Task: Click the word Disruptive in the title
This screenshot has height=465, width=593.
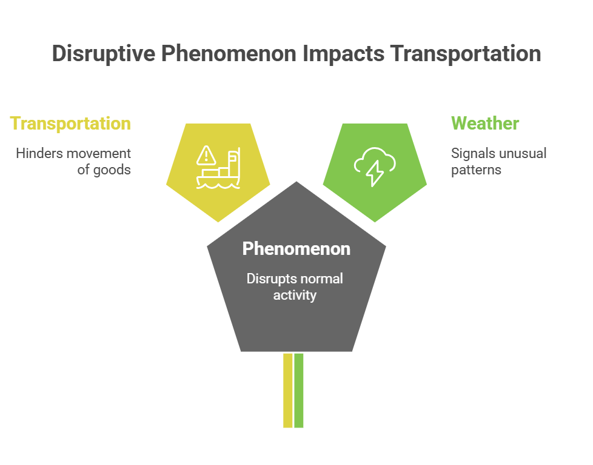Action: (x=104, y=54)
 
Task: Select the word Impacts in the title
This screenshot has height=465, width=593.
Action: (x=343, y=53)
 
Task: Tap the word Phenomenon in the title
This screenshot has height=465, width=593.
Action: (x=229, y=53)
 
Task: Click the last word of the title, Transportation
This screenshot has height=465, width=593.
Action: (x=466, y=53)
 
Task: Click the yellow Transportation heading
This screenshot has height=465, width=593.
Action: (x=70, y=124)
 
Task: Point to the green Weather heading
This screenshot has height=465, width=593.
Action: (x=485, y=123)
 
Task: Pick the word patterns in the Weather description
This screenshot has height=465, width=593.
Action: (x=476, y=170)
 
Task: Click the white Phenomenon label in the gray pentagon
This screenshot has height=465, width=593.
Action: (x=296, y=249)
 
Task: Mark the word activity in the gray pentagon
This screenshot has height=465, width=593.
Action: (x=295, y=295)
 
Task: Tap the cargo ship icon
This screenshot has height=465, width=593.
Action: (x=218, y=168)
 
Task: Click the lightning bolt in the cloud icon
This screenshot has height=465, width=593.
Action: (x=374, y=173)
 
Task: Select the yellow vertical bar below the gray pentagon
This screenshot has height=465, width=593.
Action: (x=288, y=390)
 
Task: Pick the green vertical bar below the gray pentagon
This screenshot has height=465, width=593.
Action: (x=299, y=390)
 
